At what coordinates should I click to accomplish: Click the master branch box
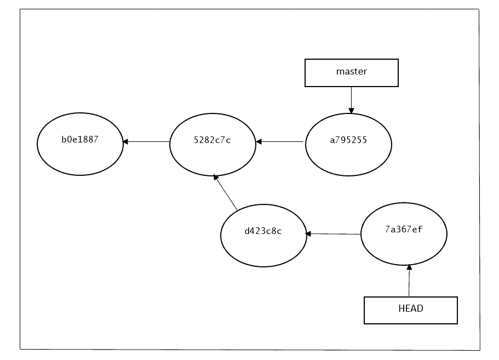[x=351, y=73]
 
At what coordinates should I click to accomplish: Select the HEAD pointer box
[x=410, y=310]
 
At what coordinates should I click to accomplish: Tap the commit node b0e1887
[x=80, y=145]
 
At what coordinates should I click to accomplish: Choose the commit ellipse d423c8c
[x=263, y=236]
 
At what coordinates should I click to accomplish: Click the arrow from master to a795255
[x=351, y=100]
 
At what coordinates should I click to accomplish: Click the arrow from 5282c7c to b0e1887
[x=146, y=142]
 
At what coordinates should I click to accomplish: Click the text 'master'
[x=351, y=72]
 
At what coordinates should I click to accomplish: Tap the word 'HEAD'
[x=410, y=308]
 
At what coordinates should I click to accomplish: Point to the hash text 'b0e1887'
[x=80, y=139]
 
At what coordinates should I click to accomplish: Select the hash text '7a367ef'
[x=404, y=229]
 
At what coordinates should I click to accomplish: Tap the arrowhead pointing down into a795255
[x=351, y=111]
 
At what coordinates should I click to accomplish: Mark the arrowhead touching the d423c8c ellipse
[x=309, y=234]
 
